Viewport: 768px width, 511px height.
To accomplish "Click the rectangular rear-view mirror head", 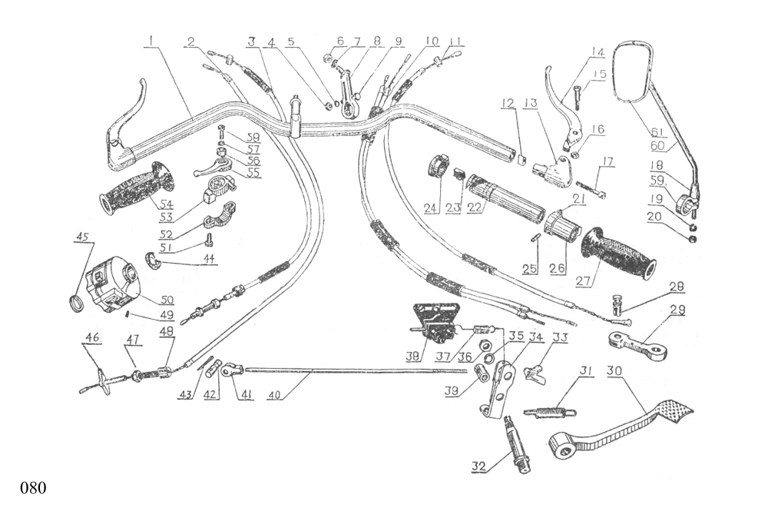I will point(635,70).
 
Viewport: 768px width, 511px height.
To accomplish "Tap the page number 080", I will point(34,488).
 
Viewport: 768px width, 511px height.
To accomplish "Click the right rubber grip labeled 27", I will point(619,254).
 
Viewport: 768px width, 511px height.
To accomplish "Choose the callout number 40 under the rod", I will point(274,397).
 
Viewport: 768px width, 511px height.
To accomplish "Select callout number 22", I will point(475,208).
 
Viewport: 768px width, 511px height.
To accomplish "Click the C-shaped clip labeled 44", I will point(152,263).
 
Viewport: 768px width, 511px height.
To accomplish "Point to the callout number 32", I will point(479,466).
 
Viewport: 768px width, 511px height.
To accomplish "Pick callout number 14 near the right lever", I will point(598,52).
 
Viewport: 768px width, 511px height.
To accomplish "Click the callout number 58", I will point(252,137).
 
